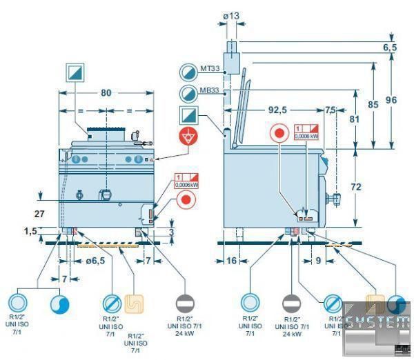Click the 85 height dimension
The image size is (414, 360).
(x=373, y=105)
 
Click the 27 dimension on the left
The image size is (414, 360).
(x=39, y=214)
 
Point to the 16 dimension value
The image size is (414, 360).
(x=233, y=261)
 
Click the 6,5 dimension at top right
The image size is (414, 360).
(x=390, y=48)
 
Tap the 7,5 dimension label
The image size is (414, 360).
(x=331, y=110)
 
